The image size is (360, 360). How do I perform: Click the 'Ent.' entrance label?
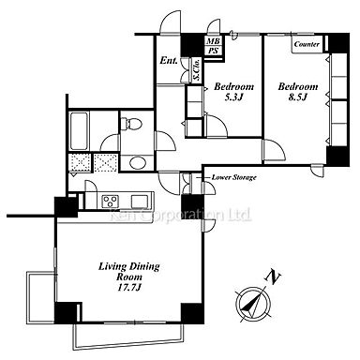click(x=169, y=60)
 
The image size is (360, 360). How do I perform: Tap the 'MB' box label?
click(x=214, y=41)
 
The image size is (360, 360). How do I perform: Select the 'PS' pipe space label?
click(x=214, y=51)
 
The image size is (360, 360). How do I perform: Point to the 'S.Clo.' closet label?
click(x=197, y=70)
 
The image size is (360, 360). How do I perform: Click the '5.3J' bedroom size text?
click(x=233, y=97)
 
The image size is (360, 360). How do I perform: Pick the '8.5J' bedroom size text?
click(x=298, y=97)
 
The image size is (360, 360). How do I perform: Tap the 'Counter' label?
click(x=307, y=44)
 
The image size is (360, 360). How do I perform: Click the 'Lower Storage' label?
click(x=234, y=177)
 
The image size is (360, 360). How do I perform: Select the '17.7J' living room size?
click(x=129, y=287)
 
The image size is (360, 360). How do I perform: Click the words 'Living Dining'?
click(x=129, y=266)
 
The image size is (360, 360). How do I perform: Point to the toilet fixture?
click(x=130, y=123)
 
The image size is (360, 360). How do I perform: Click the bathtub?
click(x=79, y=131)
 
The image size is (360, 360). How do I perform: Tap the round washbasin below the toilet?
click(x=137, y=163)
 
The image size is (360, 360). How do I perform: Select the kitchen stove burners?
click(x=111, y=201)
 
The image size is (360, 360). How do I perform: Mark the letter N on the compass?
click(x=273, y=277)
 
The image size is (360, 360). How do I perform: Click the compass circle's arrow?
click(x=252, y=303)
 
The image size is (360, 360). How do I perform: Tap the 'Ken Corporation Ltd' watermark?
click(x=180, y=215)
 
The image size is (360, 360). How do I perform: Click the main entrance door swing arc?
click(x=170, y=21)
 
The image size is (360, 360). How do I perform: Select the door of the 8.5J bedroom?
click(x=274, y=150)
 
